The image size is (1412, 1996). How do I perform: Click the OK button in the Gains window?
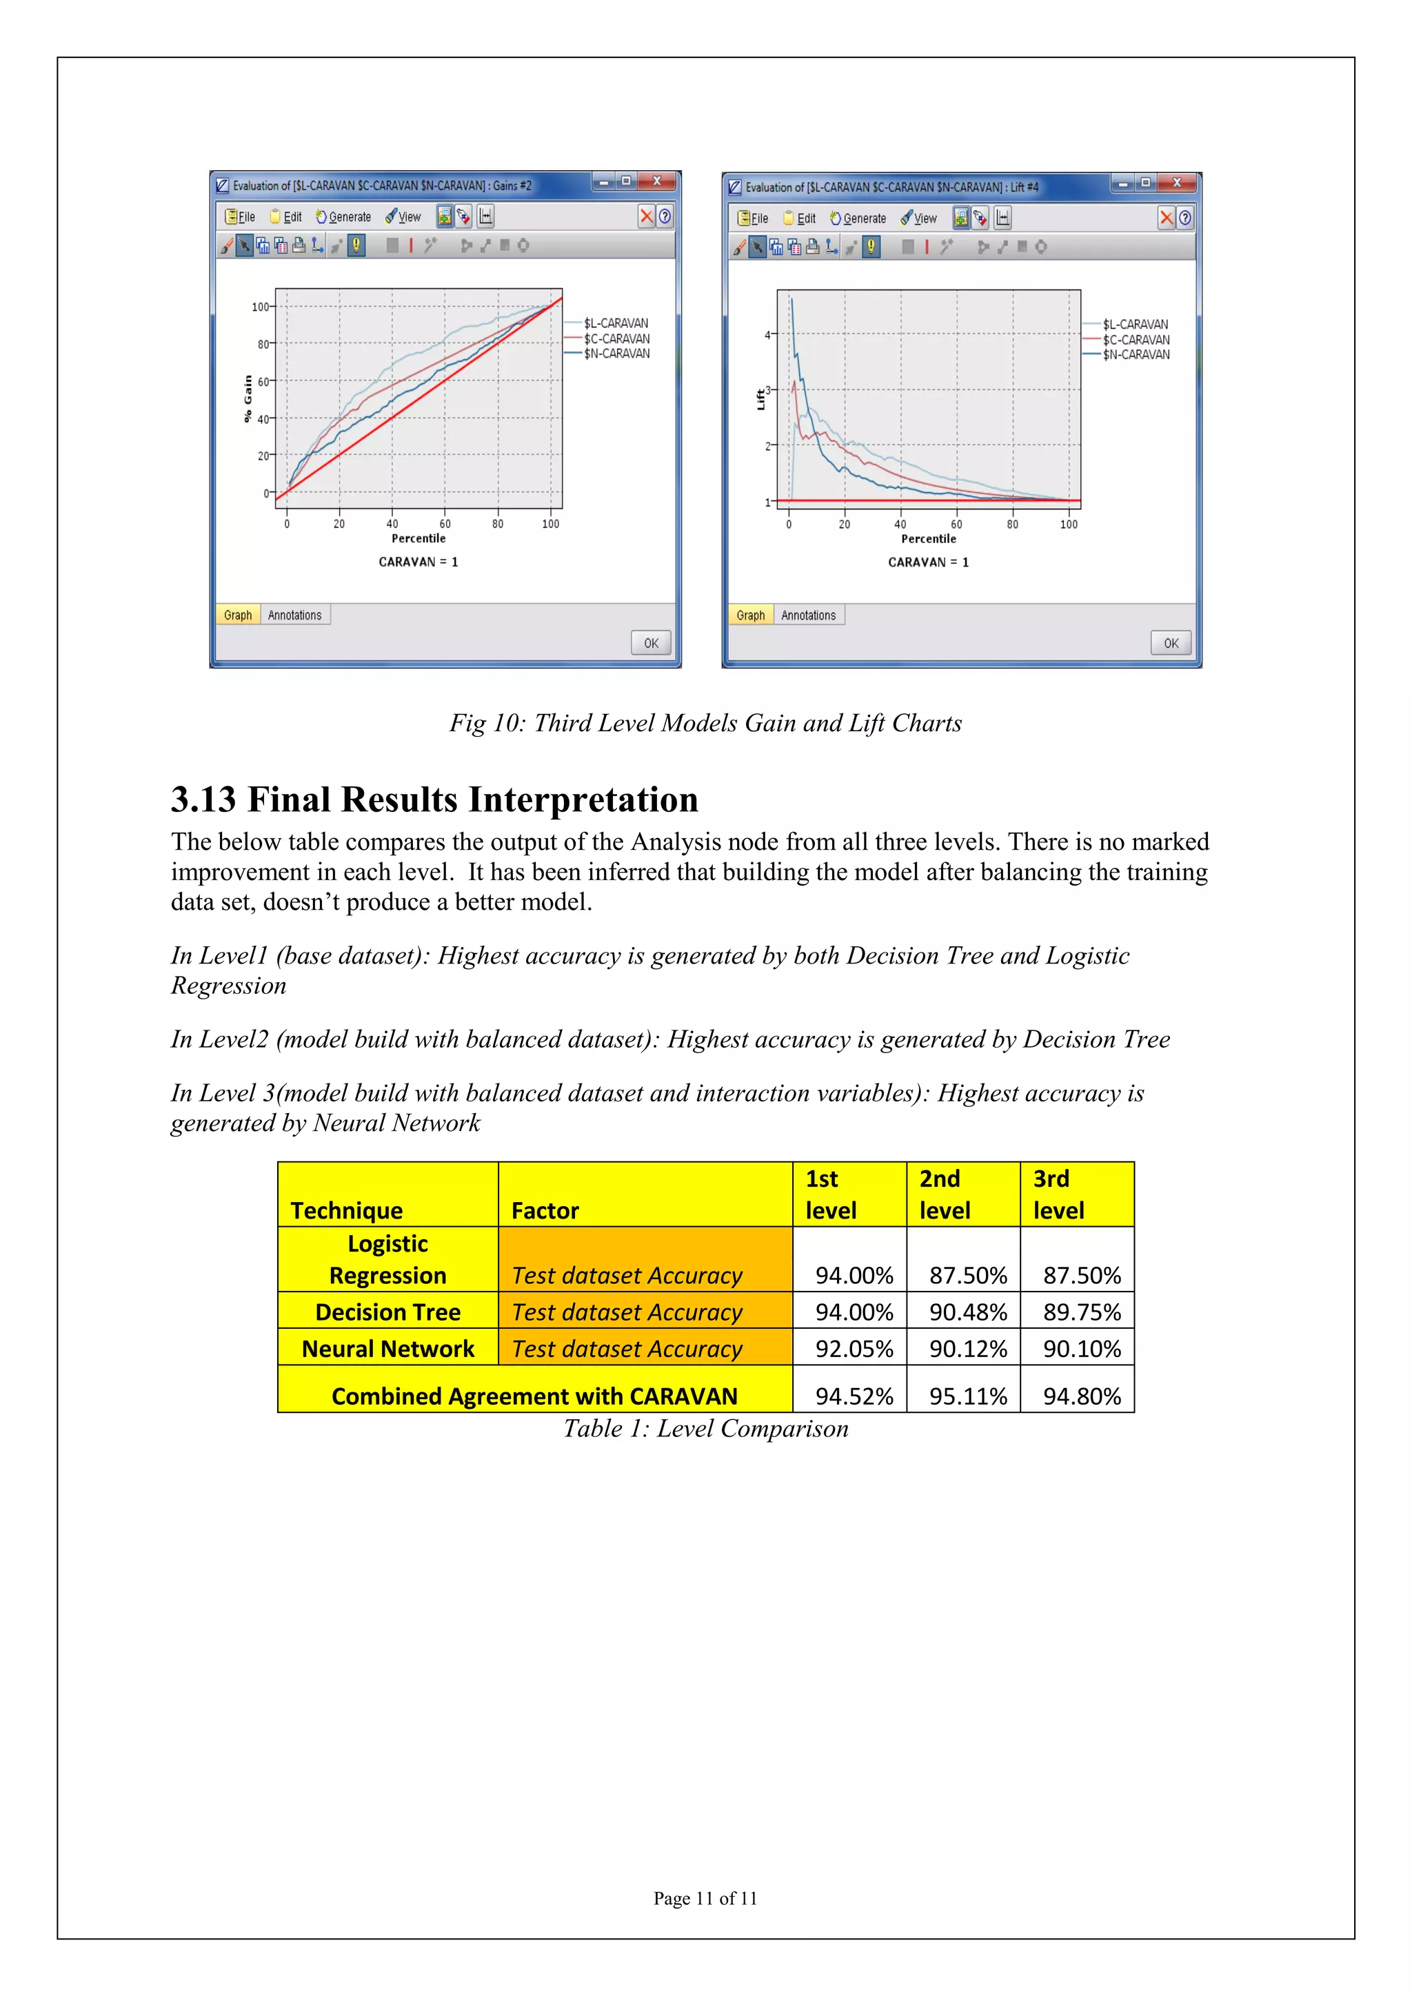pyautogui.click(x=650, y=643)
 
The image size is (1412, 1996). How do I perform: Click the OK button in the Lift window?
pyautogui.click(x=1170, y=643)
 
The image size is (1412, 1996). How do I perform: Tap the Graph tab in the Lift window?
pyautogui.click(x=750, y=615)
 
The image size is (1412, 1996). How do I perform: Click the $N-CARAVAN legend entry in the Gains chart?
pyautogui.click(x=616, y=354)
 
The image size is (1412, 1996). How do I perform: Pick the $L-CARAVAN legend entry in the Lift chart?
pyautogui.click(x=1136, y=324)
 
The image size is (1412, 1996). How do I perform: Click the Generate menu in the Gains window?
pyautogui.click(x=344, y=217)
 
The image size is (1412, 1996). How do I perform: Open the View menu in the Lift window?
pyautogui.click(x=920, y=219)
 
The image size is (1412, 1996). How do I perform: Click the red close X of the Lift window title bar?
pyautogui.click(x=1176, y=183)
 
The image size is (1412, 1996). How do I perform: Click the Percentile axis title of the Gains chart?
pyautogui.click(x=418, y=539)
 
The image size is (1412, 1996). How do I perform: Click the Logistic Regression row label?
pyautogui.click(x=387, y=1260)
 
